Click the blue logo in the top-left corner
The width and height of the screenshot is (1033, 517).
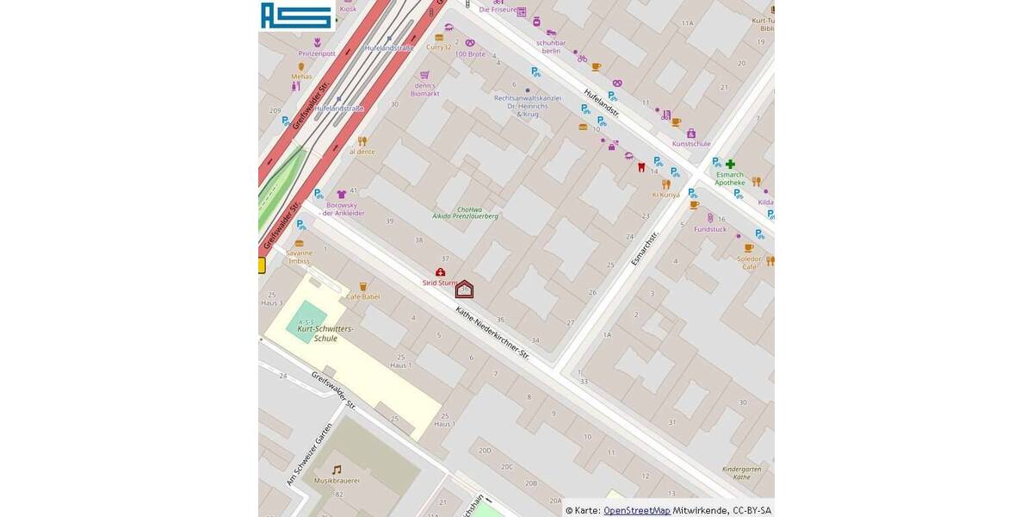[x=297, y=16]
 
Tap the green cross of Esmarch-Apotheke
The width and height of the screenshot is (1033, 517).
[x=730, y=164]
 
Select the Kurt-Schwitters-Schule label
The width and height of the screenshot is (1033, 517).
[x=325, y=333]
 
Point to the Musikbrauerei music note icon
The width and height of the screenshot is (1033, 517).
[x=337, y=470]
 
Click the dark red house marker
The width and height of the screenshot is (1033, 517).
[x=464, y=290]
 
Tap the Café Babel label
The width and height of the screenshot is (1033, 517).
[x=362, y=296]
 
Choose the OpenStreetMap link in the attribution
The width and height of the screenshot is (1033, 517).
[x=636, y=510]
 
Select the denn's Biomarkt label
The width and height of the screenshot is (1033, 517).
[x=424, y=90]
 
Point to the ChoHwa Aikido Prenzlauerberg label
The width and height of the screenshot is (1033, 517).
[x=465, y=212]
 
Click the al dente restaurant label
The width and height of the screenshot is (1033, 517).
[x=362, y=152]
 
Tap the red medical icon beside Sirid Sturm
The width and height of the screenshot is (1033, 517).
[x=440, y=272]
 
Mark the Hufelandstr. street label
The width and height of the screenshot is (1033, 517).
[x=601, y=103]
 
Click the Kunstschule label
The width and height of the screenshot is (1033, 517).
[x=691, y=144]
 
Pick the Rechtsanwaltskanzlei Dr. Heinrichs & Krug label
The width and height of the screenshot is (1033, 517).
[x=527, y=106]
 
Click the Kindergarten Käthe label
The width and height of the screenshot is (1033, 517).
[x=741, y=472]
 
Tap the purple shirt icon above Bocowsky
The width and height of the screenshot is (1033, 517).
[x=342, y=195]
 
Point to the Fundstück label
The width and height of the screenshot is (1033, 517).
[x=710, y=229]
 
